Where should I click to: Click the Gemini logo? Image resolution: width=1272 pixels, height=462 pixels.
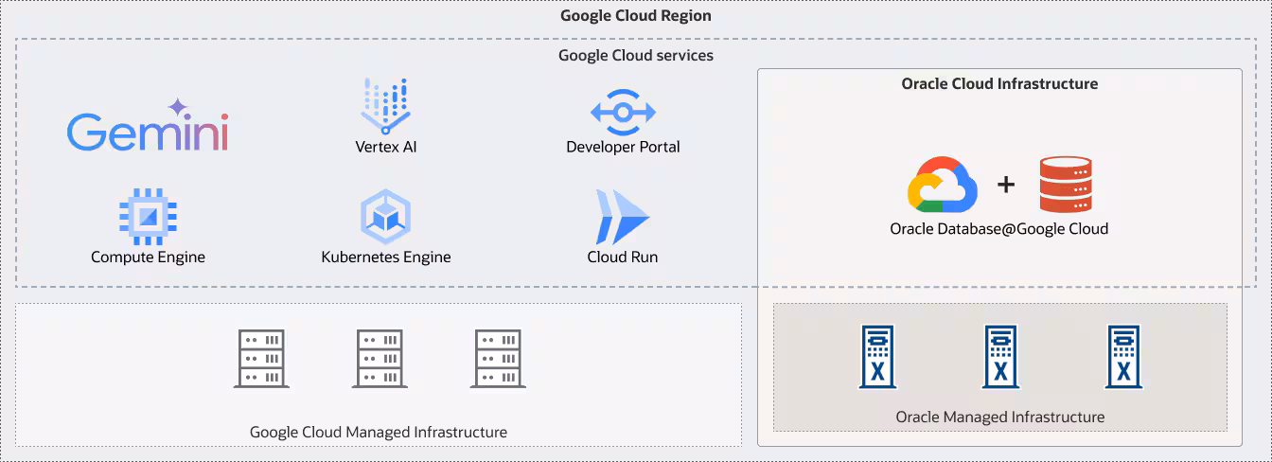(x=148, y=129)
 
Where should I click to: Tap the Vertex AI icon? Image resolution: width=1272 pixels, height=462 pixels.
(x=385, y=106)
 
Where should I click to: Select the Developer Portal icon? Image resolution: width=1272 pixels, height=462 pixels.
(x=622, y=112)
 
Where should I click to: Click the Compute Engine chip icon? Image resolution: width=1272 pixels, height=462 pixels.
(x=148, y=216)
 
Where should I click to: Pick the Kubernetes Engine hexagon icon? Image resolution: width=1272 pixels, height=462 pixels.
(x=385, y=217)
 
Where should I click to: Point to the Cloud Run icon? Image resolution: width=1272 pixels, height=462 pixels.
(x=622, y=217)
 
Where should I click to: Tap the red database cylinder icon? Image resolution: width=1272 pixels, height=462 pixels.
(x=1065, y=185)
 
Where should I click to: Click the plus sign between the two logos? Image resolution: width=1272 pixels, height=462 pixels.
(x=1005, y=185)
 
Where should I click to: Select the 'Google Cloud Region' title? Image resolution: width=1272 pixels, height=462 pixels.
(x=635, y=15)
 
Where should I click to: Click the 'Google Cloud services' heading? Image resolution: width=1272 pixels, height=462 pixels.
(x=635, y=55)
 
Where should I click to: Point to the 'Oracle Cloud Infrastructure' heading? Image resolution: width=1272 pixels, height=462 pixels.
(x=999, y=83)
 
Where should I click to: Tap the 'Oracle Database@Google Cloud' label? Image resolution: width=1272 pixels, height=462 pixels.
(x=998, y=228)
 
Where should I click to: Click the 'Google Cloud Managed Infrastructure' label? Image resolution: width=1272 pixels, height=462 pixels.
(x=378, y=432)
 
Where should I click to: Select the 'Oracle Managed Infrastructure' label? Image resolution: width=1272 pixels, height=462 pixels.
(x=999, y=417)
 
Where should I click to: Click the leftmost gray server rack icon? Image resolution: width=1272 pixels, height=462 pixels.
(x=261, y=358)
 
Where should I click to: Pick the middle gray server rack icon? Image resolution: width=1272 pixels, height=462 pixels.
(x=380, y=358)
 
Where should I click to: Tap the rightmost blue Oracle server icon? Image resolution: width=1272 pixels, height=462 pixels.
(x=1123, y=357)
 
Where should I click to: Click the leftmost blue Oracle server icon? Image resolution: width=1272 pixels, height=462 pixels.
(x=877, y=357)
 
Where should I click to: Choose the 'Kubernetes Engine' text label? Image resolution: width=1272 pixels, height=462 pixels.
(x=385, y=257)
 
